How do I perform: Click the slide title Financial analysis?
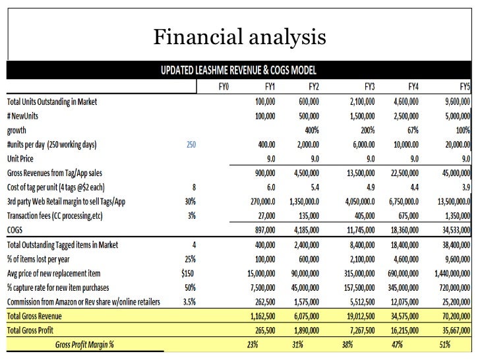pos(240,38)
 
